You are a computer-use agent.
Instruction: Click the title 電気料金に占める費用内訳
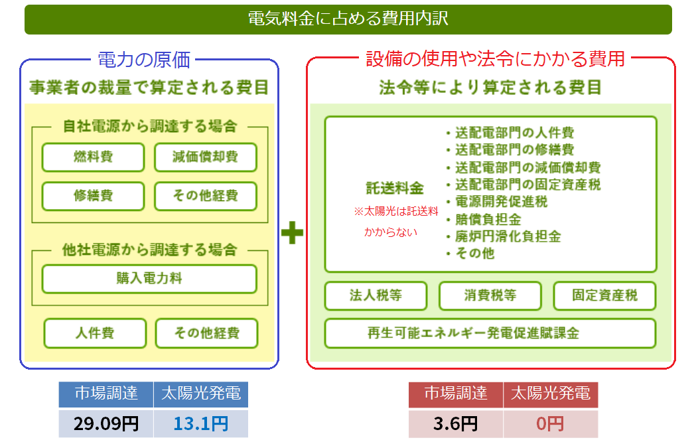coord(348,19)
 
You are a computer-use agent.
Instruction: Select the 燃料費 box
coord(93,157)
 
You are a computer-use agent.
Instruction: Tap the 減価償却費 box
coord(205,157)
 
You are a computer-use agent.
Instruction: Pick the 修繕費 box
coord(93,196)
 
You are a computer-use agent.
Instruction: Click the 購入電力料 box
coord(149,279)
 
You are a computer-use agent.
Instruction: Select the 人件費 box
coord(95,333)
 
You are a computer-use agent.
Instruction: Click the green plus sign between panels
coord(292,234)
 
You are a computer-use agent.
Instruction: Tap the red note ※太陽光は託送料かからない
coord(395,222)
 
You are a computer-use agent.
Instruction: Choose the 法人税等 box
coord(376,296)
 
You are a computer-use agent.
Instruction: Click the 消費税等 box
coord(490,296)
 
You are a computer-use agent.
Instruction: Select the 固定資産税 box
coord(604,296)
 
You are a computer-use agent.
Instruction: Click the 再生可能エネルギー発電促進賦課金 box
coord(490,333)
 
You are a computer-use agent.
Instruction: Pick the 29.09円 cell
coord(105,423)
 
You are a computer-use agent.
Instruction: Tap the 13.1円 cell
coord(200,423)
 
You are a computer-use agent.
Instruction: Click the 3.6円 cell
coord(456,423)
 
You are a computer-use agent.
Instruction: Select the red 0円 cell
coord(550,423)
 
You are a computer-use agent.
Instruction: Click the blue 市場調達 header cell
coord(105,394)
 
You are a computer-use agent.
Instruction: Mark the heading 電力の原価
coord(144,60)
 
